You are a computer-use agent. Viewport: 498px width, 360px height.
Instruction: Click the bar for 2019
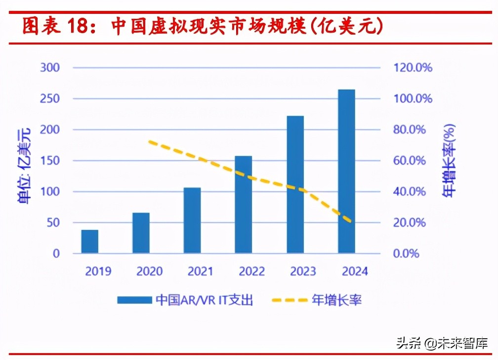[x=89, y=241]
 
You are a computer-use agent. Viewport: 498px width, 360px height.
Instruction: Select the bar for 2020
[x=141, y=233]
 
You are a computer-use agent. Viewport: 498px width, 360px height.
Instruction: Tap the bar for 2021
[x=192, y=221]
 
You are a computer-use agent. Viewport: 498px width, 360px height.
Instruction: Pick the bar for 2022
[x=244, y=205]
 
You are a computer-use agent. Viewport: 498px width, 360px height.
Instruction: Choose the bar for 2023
[x=295, y=184]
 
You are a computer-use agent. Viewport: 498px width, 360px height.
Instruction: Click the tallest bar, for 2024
[x=346, y=172]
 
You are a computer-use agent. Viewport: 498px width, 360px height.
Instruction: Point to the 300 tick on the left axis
[x=49, y=67]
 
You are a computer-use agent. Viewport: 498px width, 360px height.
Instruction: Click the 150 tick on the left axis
[x=49, y=161]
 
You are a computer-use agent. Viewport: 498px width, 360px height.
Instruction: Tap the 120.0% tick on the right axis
[x=413, y=67]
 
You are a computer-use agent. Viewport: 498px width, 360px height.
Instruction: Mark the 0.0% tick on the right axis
[x=407, y=254]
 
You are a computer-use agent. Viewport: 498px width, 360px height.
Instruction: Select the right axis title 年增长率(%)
[x=449, y=161]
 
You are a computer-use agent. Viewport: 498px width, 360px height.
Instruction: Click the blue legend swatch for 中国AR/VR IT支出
[x=134, y=300]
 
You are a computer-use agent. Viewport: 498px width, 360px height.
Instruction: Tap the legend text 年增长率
[x=336, y=300]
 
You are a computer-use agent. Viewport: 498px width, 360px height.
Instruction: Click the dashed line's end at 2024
[x=350, y=222]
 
